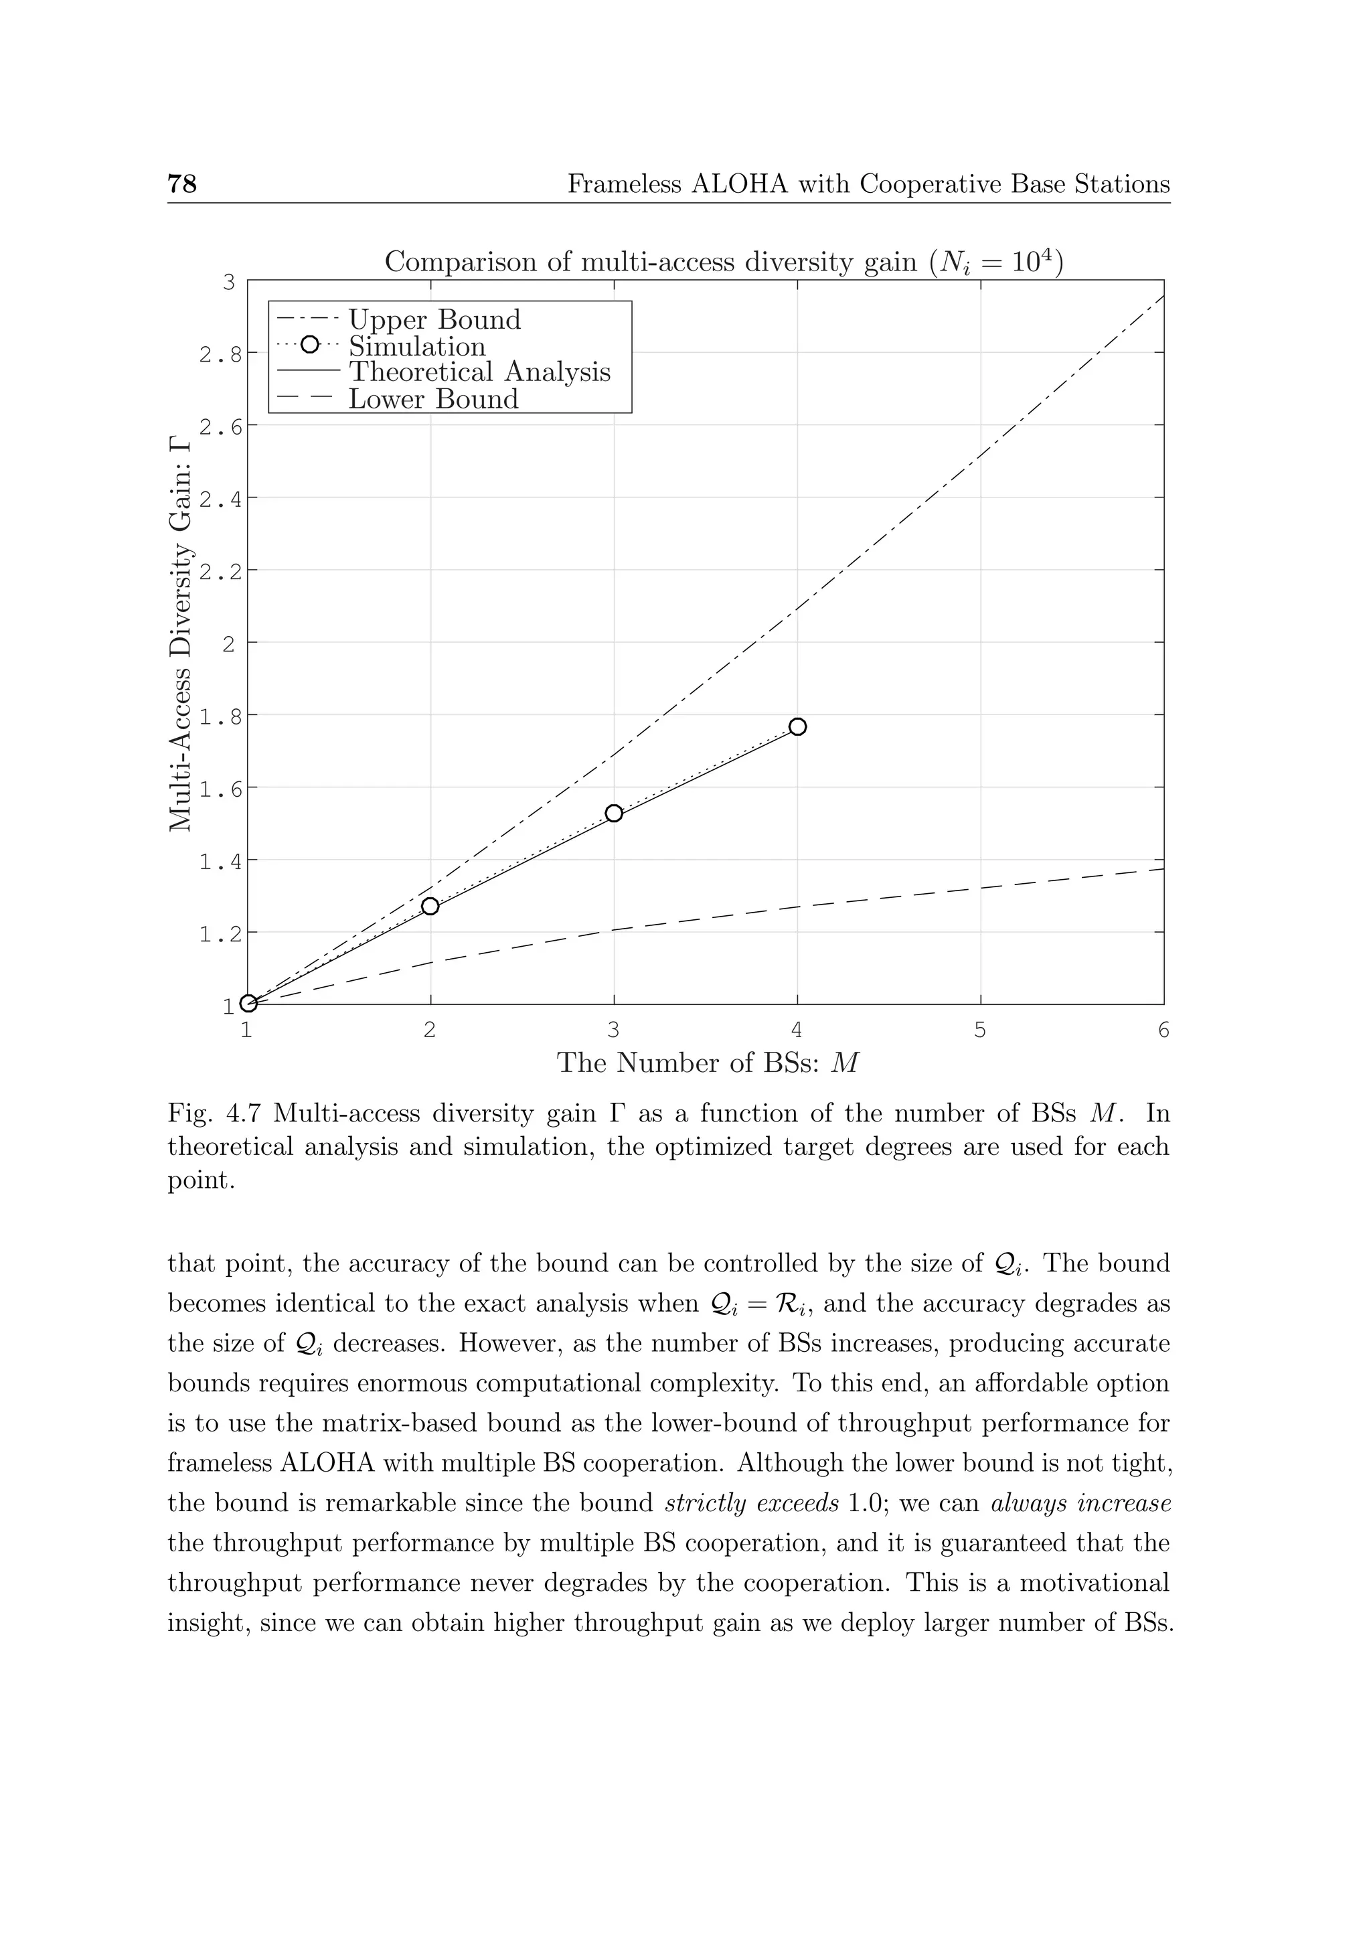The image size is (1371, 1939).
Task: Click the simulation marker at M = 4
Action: (x=797, y=726)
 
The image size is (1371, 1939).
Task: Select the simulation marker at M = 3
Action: (x=614, y=813)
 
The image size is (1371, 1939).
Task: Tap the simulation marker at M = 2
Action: (x=430, y=906)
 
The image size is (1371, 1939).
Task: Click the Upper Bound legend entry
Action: (x=434, y=320)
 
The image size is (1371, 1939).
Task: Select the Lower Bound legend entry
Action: (x=433, y=400)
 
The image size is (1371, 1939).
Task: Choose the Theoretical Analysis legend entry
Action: (x=479, y=372)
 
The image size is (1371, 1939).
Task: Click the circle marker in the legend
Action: (x=309, y=345)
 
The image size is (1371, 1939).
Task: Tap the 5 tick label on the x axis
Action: (x=980, y=1030)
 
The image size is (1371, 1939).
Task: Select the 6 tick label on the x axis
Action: (x=1163, y=1030)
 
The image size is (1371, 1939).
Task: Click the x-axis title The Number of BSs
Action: (x=708, y=1063)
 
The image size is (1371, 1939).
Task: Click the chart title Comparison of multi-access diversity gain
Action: (x=724, y=262)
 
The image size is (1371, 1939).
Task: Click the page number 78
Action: (x=182, y=183)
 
